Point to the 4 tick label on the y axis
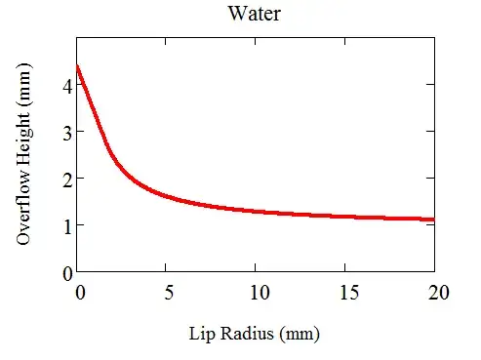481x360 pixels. point(66,85)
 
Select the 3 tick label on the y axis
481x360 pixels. point(66,132)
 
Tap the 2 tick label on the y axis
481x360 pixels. point(66,179)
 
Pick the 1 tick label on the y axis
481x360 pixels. point(66,225)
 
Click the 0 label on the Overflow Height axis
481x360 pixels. point(66,272)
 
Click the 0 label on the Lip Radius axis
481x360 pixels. point(78,291)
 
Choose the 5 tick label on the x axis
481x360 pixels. point(167,291)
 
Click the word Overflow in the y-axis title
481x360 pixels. point(25,208)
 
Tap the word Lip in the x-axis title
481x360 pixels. point(201,333)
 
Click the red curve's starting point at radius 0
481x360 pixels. point(78,66)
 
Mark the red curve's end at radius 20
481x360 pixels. point(433,220)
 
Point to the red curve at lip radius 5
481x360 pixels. point(167,195)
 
